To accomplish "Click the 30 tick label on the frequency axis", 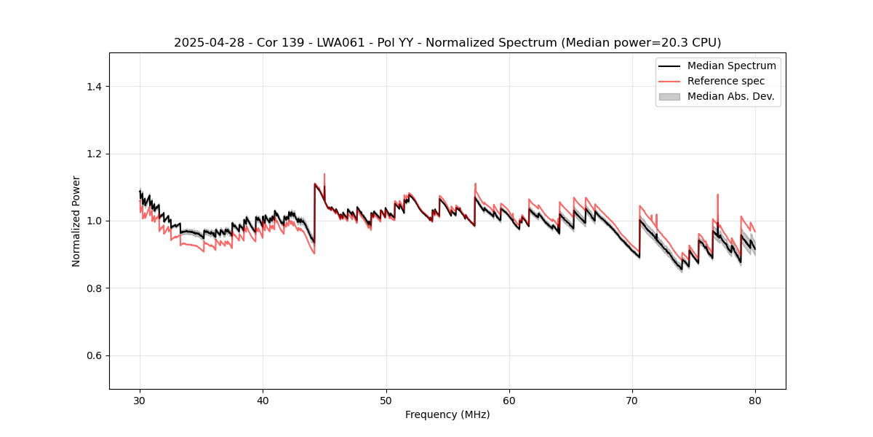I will pos(140,401).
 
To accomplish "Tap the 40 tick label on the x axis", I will pos(263,401).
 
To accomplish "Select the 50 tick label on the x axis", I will pos(386,401).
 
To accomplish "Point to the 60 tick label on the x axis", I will pos(509,401).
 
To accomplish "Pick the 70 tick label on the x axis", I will pos(632,401).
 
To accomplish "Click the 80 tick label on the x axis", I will pos(755,401).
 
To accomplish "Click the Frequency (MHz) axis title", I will pos(447,414).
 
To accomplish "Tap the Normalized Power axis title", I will pos(76,221).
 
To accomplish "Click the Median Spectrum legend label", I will pos(731,66).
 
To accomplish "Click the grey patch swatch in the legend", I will pos(669,96).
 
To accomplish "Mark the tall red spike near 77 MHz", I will pos(717,195).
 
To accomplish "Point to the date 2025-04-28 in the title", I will pos(206,43).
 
